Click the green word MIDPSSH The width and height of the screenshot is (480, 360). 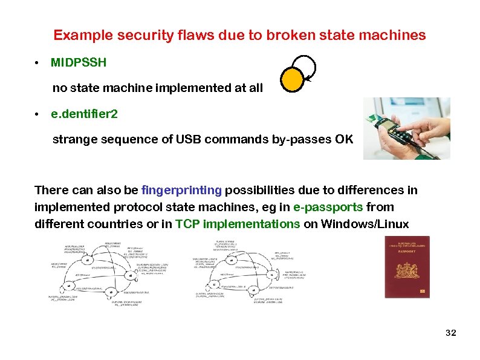[79, 62]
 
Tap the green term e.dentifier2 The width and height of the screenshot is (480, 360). [84, 114]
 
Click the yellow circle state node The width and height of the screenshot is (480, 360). [292, 79]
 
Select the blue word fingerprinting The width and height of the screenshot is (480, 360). [181, 190]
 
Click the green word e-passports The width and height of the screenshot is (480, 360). [328, 207]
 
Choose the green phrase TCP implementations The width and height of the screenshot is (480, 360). [238, 224]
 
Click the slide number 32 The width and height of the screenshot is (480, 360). [450, 333]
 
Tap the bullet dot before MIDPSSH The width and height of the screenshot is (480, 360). [37, 63]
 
